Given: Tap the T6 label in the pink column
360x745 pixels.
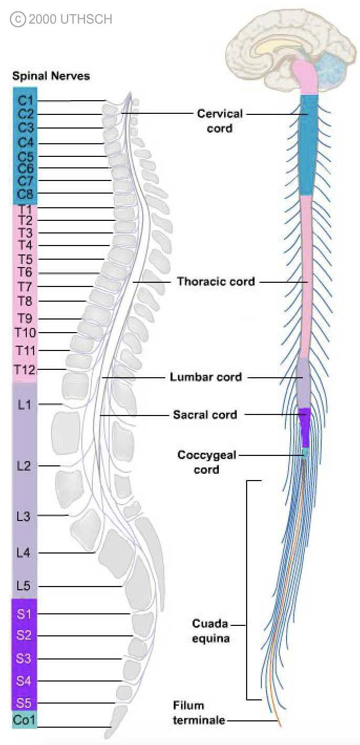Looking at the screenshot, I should [25, 272].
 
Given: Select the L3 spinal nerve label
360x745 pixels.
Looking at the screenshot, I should [24, 516].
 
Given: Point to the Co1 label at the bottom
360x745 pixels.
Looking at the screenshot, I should [24, 719].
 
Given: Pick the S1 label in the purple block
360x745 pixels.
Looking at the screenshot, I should [24, 613].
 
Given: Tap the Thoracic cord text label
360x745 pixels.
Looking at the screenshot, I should [216, 282].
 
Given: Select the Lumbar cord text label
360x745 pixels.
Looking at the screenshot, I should [206, 377].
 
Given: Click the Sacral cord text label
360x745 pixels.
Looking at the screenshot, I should [205, 415].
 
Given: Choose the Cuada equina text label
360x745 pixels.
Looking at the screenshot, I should [210, 631].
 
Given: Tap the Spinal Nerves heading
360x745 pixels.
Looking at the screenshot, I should [51, 76].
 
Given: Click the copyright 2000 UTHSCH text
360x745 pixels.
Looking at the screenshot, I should [61, 20].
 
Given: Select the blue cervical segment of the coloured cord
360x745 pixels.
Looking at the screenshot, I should [309, 144].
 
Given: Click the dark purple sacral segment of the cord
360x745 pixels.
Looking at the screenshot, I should [305, 425].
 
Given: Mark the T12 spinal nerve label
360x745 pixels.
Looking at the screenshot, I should [25, 370].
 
